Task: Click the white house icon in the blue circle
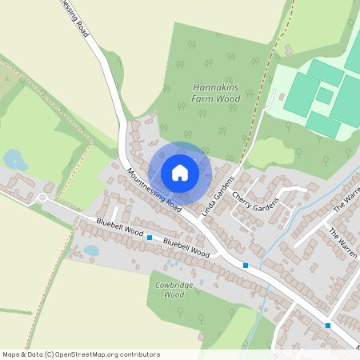(180, 173)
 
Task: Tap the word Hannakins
(216, 88)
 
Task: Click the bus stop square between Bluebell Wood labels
(150, 238)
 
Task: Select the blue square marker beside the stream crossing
(246, 266)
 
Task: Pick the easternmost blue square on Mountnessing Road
(328, 326)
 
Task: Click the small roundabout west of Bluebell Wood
(43, 199)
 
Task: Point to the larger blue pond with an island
(14, 160)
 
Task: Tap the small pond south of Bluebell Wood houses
(91, 250)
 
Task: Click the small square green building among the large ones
(324, 95)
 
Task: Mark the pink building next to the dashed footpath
(287, 50)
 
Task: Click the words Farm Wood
(216, 98)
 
